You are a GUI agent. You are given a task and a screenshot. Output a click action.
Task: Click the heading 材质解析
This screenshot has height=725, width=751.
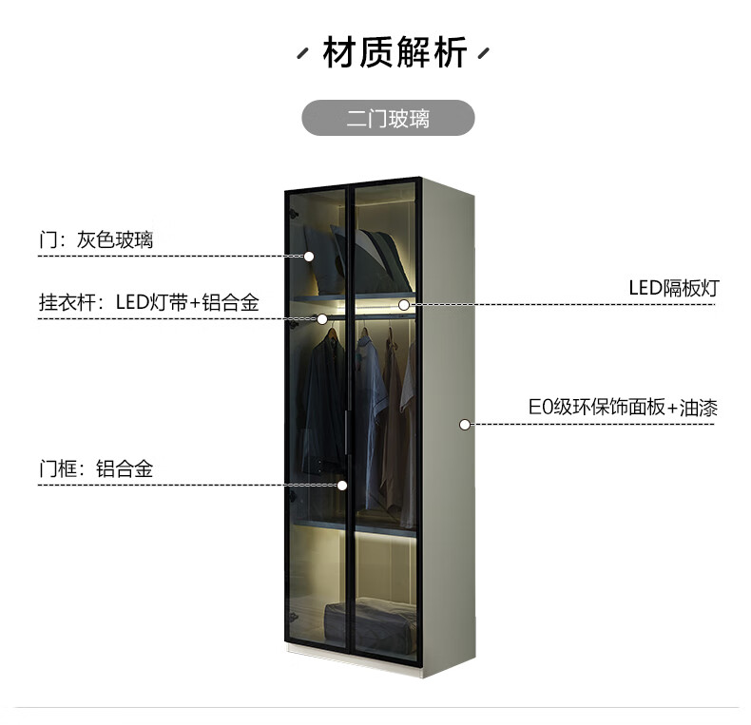tap(395, 52)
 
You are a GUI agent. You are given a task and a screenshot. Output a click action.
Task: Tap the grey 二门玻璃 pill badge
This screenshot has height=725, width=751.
tap(388, 118)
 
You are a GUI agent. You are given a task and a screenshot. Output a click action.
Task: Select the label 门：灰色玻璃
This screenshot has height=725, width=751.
tap(96, 239)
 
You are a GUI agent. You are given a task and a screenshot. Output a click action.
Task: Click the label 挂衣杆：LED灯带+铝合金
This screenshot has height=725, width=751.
tap(149, 302)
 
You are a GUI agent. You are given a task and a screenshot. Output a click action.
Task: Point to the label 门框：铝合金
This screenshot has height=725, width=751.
tap(96, 468)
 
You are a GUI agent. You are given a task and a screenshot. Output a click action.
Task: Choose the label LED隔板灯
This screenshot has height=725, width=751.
tap(674, 288)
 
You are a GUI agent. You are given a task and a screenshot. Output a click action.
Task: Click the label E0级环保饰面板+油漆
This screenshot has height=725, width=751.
tap(623, 408)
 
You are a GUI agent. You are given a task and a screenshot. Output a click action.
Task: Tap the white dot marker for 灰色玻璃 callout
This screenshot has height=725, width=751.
tap(309, 257)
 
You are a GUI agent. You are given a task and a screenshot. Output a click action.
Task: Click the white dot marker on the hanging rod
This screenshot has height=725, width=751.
tap(322, 319)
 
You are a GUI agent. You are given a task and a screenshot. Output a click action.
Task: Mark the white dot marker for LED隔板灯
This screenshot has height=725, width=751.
tap(404, 305)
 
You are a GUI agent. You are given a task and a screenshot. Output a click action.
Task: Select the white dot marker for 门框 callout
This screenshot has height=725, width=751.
tap(342, 486)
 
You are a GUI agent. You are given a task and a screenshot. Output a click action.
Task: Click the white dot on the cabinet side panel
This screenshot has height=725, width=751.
tap(464, 425)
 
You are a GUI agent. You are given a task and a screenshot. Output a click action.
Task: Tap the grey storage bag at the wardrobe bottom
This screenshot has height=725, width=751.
tap(370, 626)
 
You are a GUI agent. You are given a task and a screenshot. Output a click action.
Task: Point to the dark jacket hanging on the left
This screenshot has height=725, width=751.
tap(322, 402)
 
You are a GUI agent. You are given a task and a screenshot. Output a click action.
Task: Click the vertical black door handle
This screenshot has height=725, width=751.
tap(346, 432)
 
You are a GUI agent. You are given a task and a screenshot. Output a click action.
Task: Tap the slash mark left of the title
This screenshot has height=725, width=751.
tap(302, 53)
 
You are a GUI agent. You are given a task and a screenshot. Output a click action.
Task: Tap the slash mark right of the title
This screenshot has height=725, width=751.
tap(484, 53)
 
